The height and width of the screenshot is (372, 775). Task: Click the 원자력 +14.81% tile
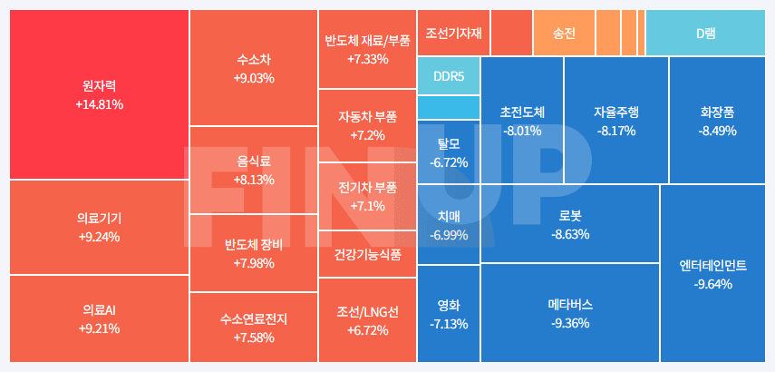[x=99, y=94]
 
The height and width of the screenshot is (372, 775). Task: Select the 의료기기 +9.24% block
[x=99, y=227]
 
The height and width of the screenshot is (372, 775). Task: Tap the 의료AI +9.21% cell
[x=99, y=319]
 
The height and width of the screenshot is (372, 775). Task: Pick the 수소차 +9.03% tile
[x=253, y=68]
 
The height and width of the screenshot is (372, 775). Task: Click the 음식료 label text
[x=253, y=161]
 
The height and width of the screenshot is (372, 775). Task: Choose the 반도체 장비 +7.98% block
[x=253, y=253]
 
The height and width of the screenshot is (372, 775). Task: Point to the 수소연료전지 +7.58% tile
[x=253, y=328]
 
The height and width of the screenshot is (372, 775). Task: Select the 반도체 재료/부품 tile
[x=367, y=49]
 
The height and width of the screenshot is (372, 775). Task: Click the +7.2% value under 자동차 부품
[x=367, y=135]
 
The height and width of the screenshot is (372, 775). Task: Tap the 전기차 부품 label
[x=367, y=188]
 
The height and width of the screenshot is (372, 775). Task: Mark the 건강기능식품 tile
[x=367, y=254]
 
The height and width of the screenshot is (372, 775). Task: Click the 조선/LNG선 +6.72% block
[x=367, y=321]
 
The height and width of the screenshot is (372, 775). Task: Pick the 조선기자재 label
[x=453, y=33]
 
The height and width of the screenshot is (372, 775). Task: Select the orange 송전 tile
[x=564, y=33]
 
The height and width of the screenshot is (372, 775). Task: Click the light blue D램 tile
[x=706, y=33]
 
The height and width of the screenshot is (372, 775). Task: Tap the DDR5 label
[x=449, y=76]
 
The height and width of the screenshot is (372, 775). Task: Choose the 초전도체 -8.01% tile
[x=522, y=121]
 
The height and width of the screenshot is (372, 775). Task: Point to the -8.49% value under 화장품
[x=717, y=131]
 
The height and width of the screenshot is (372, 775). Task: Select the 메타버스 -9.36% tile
[x=569, y=313]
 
